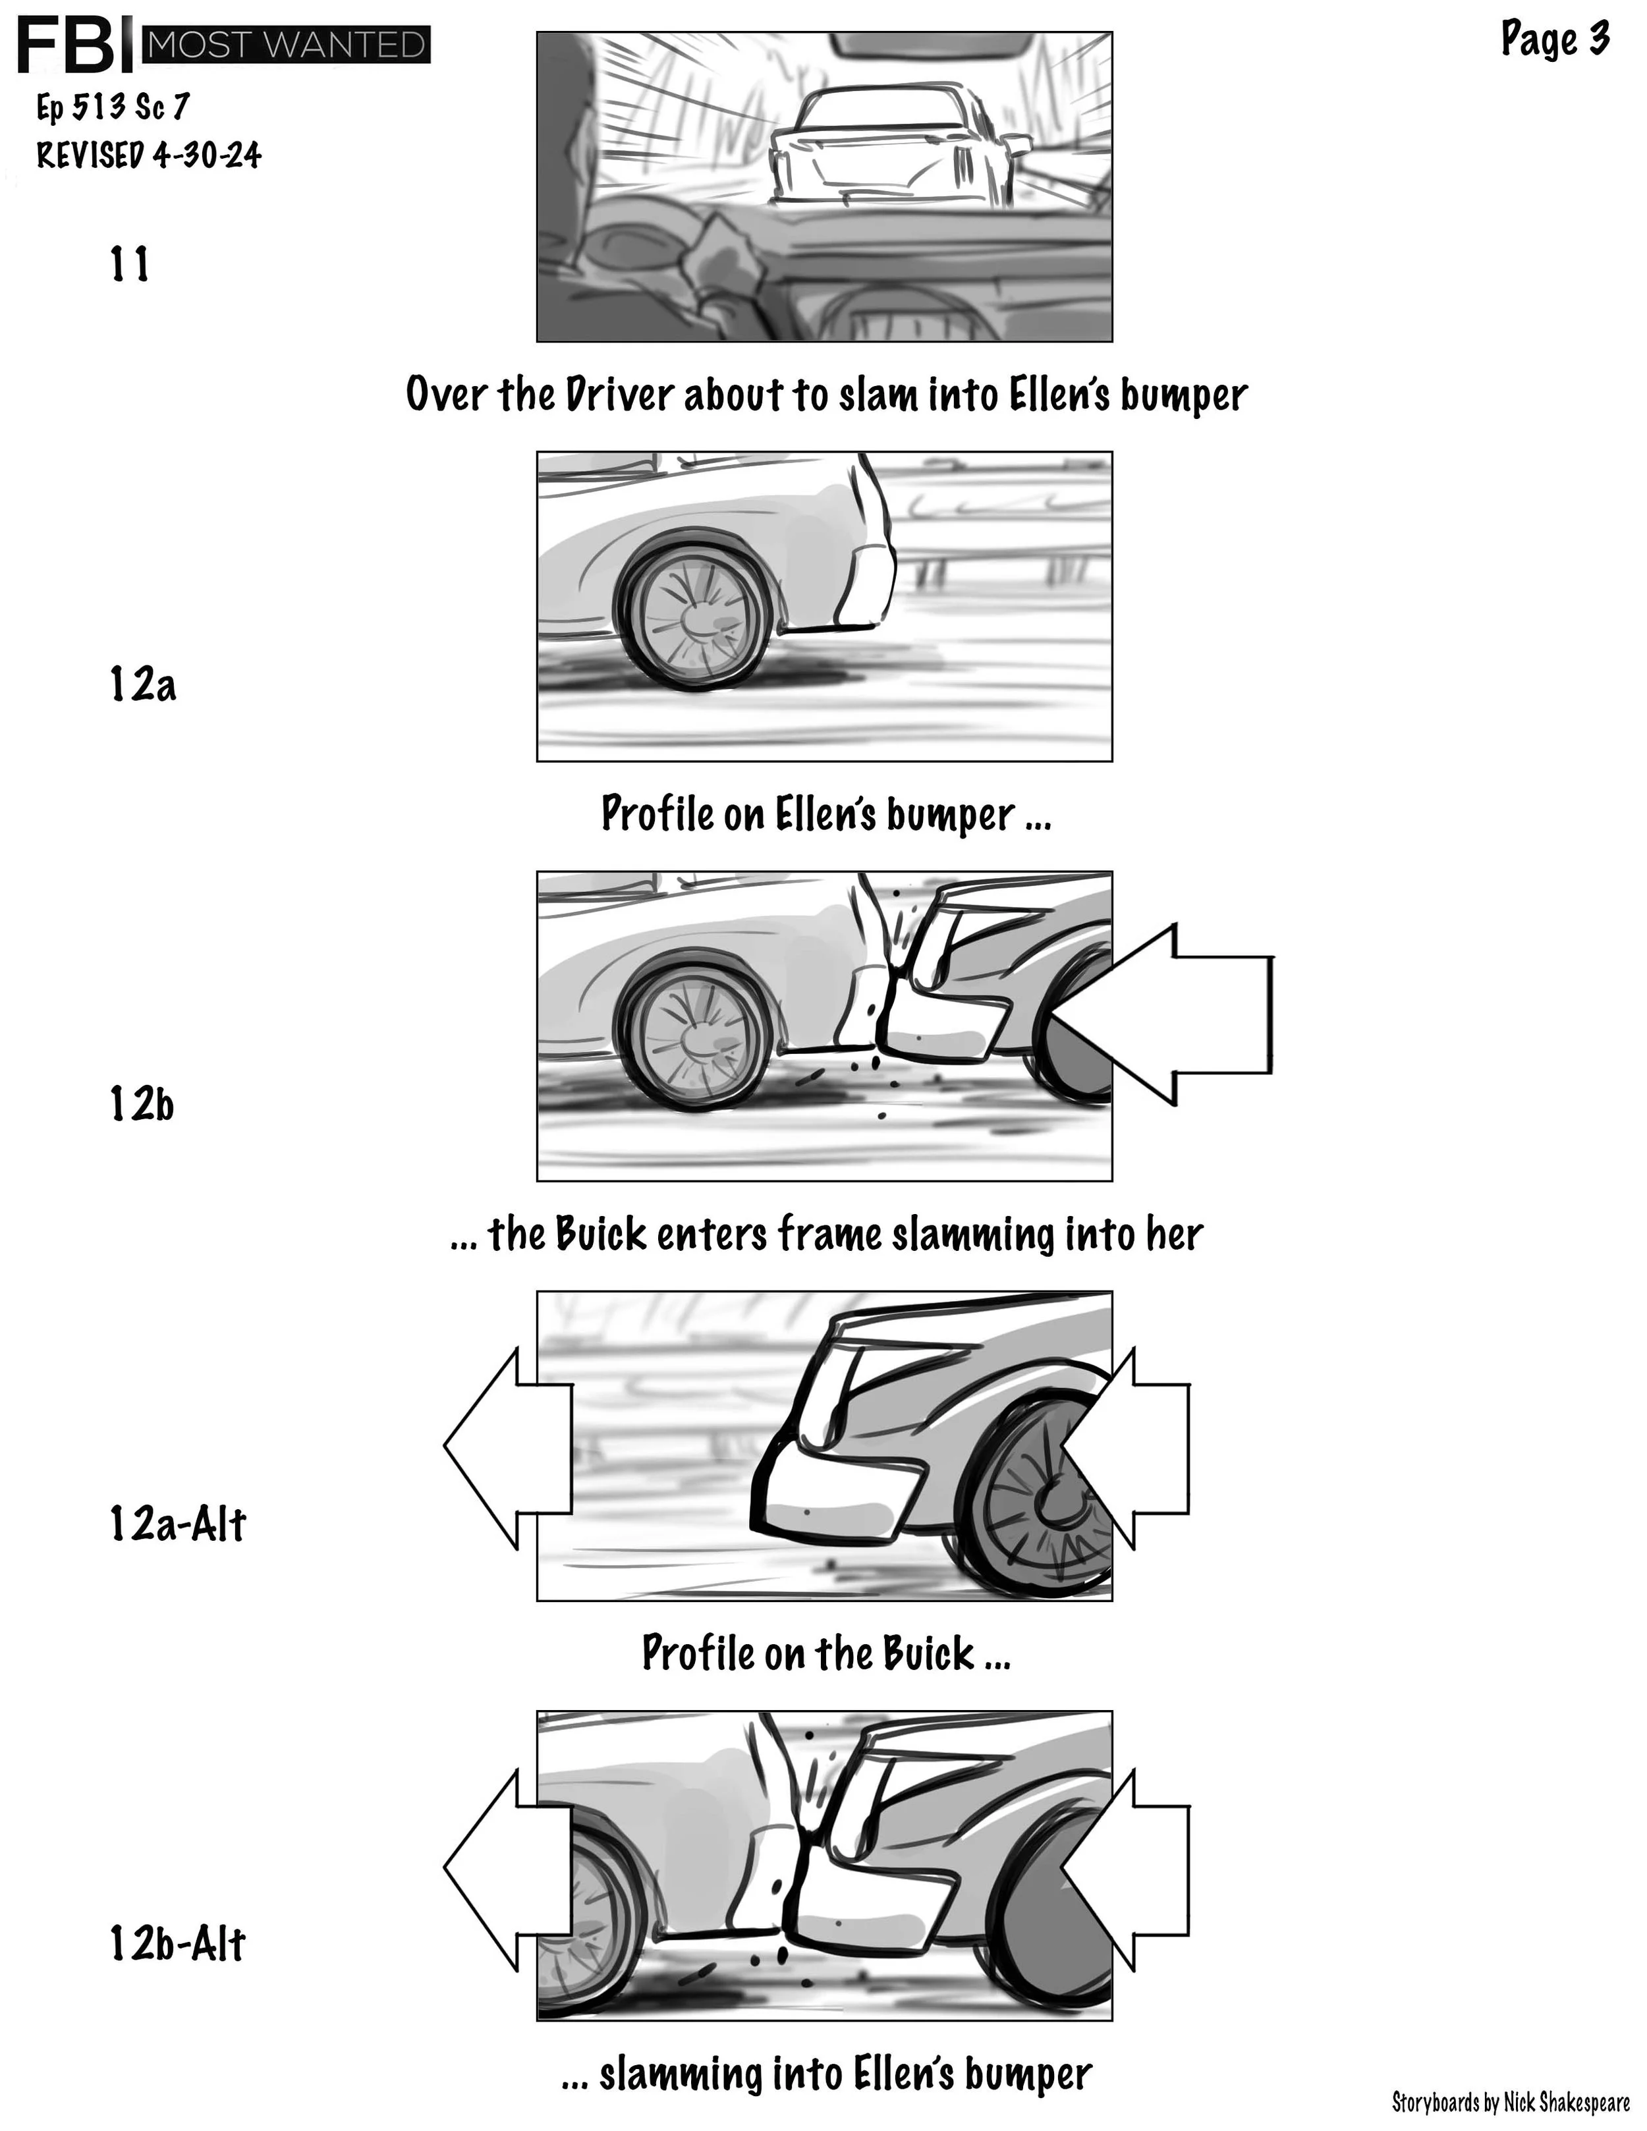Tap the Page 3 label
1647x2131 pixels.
1553,40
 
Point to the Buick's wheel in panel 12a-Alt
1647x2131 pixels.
1049,1498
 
